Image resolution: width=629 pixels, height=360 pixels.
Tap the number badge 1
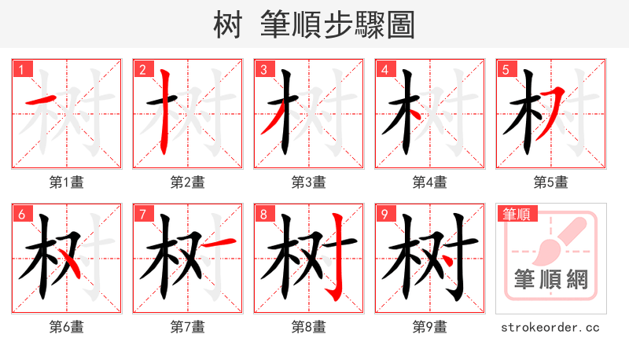[x=21, y=69]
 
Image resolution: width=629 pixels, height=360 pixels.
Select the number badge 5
[x=506, y=69]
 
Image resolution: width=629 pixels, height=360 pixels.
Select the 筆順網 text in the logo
[x=551, y=279]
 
